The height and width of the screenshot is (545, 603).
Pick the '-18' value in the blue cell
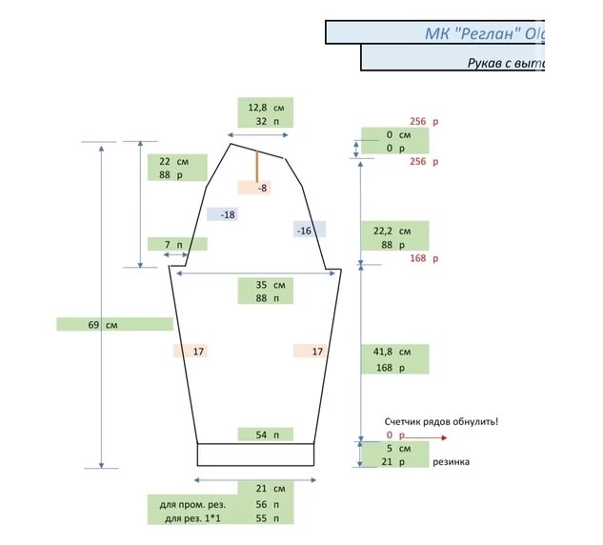tap(226, 214)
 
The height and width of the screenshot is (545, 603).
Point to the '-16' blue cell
tap(305, 231)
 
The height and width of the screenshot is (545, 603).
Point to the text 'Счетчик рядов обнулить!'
tap(441, 421)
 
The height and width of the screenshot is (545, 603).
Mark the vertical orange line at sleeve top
tap(256, 166)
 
